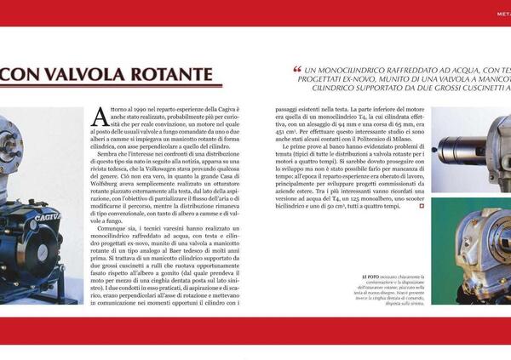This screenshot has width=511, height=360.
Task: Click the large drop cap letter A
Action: (x=100, y=115)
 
